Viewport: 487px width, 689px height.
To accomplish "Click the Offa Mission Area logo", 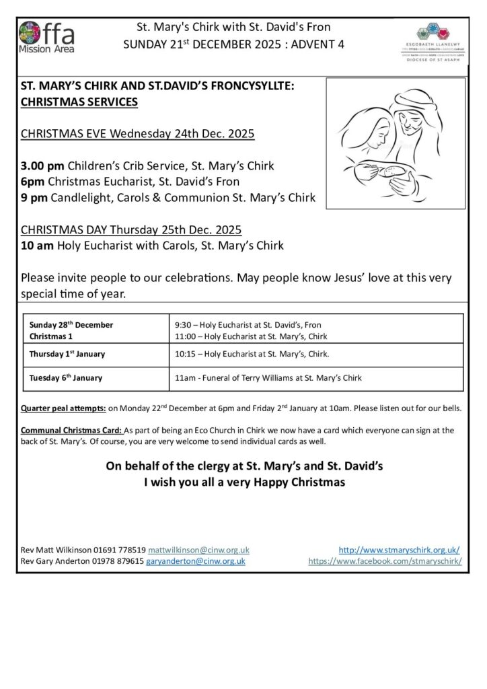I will [47, 37].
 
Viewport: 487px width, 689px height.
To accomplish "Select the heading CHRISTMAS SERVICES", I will [79, 102].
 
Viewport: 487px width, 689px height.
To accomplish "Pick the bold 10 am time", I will [38, 246].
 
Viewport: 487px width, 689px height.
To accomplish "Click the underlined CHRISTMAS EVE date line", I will [137, 134].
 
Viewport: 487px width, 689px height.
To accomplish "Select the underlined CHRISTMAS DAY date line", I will [131, 229].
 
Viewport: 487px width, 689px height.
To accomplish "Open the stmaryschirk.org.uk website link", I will [399, 550].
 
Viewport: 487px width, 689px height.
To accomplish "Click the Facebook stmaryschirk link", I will [385, 560].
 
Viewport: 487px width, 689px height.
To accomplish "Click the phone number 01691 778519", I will [120, 550].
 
